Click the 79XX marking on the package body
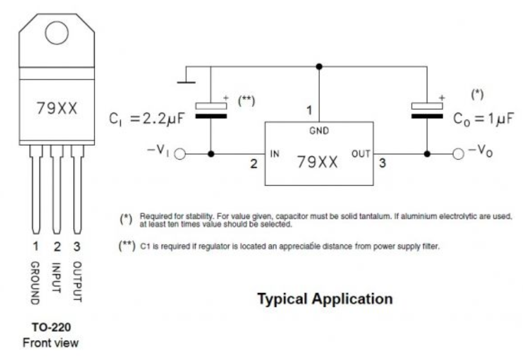pos(57,108)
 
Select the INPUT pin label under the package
pos(57,278)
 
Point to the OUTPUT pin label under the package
pos(77,281)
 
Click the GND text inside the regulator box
pos(319,131)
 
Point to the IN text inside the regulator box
pos(274,153)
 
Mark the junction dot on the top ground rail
pos(319,66)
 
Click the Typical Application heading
pos(325,299)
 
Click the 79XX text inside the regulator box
pos(318,163)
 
